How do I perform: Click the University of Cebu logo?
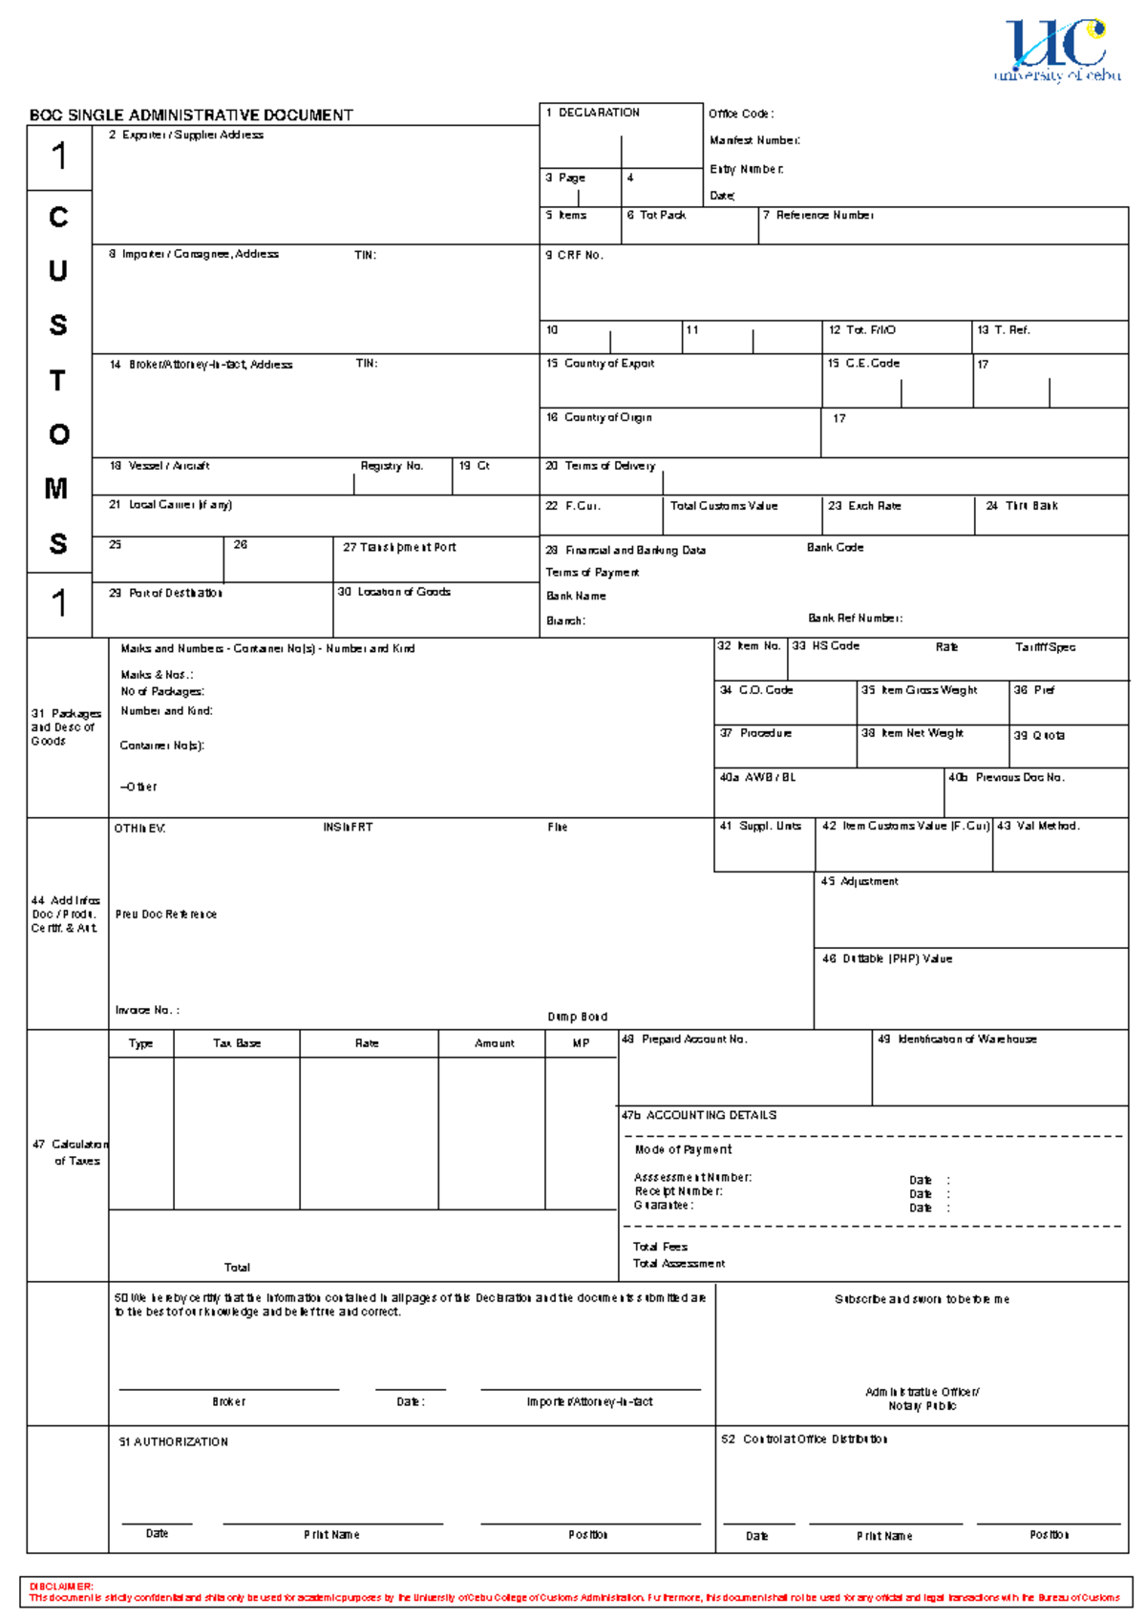(1057, 50)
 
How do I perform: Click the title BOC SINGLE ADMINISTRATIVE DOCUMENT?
(191, 116)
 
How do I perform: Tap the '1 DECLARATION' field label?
(593, 113)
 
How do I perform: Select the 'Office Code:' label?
(740, 114)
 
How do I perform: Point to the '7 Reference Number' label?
(818, 216)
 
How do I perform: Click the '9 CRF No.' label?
(574, 256)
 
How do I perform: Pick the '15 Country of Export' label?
(600, 364)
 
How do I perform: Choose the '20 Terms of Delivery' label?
(600, 466)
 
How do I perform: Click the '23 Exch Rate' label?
(864, 506)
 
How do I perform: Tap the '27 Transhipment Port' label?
(399, 548)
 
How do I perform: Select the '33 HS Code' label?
(826, 646)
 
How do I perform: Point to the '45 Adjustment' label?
(859, 882)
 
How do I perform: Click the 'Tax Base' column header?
(237, 1044)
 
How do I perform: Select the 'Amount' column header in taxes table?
(494, 1044)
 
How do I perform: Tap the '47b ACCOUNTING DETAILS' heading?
(698, 1116)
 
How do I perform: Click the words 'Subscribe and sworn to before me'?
(922, 1300)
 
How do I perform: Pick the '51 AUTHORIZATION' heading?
(173, 1442)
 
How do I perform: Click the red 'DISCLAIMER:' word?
(60, 1587)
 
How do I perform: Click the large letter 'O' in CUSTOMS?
(58, 434)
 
